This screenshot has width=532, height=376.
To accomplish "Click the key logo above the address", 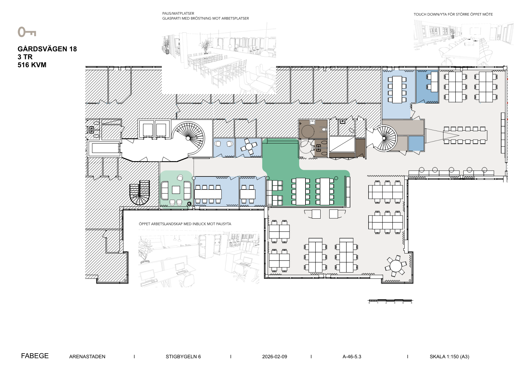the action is coord(26,32).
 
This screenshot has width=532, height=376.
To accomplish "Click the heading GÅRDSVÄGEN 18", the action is coord(47,49).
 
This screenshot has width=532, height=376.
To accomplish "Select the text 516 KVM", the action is coord(32,65).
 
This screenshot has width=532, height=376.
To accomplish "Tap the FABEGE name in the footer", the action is coord(35,356).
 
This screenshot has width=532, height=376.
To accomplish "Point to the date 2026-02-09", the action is coord(275,357).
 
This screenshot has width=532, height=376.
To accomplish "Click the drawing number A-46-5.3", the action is coord(352,357).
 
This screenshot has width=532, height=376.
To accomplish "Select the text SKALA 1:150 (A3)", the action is coord(449,357).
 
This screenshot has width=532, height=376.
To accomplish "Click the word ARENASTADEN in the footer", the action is coord(87,357).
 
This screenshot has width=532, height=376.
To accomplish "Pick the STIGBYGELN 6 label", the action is coord(183,357).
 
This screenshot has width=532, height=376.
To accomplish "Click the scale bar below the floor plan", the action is coord(390,301).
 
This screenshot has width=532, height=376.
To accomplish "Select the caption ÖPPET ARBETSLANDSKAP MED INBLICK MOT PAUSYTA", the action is coord(185,224).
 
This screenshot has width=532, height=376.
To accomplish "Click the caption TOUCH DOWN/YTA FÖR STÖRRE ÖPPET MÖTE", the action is coord(453,14).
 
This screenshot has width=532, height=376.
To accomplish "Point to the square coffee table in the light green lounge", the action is coord(176,190).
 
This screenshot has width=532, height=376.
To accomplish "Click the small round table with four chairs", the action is coord(249,146).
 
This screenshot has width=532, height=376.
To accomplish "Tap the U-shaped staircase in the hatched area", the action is coord(140,193).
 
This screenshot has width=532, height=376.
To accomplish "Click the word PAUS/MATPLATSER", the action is coord(178,13).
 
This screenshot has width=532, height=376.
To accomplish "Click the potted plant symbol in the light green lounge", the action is coord(189,204).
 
